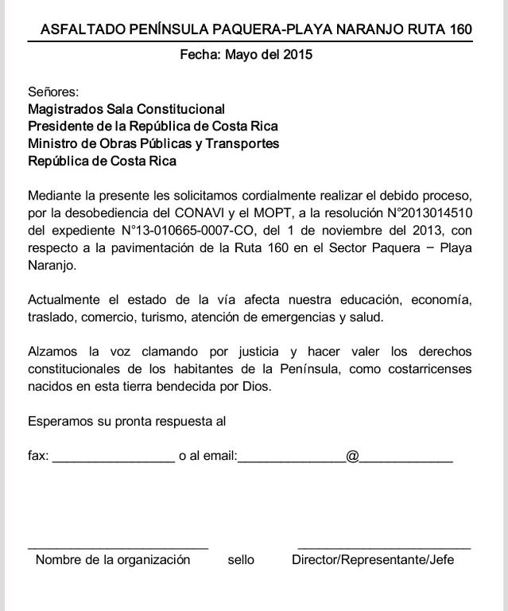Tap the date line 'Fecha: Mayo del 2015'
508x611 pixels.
(x=246, y=55)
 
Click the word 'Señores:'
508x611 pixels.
(x=53, y=91)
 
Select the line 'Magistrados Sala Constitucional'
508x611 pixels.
(x=126, y=109)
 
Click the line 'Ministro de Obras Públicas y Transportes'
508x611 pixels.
(x=153, y=144)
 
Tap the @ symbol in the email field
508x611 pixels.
(x=352, y=457)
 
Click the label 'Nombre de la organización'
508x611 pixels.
(x=113, y=559)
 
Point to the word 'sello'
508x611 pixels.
(x=241, y=559)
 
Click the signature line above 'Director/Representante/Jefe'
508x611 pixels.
(x=383, y=548)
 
